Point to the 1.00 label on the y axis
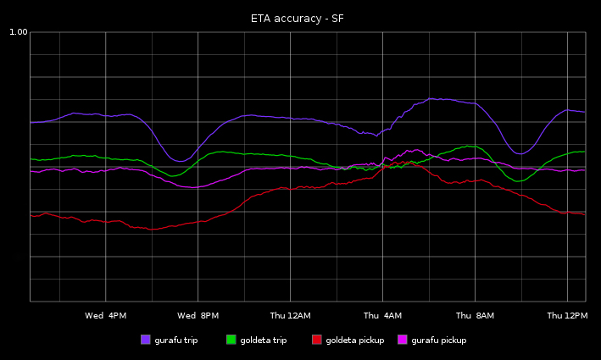pos(18,32)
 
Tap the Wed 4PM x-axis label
pos(106,316)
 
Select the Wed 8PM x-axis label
pos(198,316)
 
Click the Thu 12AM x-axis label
pos(290,316)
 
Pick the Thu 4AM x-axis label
pos(382,316)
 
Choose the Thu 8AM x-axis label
pos(475,316)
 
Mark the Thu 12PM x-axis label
pos(567,316)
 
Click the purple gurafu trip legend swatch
pos(146,340)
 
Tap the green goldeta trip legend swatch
pos(231,340)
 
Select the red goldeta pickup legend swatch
pos(317,340)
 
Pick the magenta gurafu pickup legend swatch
pos(403,340)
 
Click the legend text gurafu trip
pos(175,341)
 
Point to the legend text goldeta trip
pos(263,341)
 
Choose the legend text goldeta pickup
pos(354,341)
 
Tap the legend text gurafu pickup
pos(438,341)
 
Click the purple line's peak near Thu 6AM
pos(432,98)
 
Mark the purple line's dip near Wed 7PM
pos(180,161)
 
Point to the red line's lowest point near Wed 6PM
pos(153,229)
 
